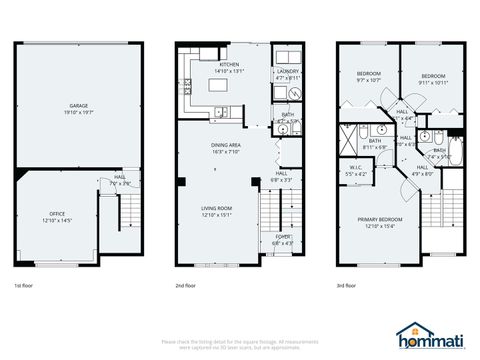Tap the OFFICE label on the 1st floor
(x=57, y=213)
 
